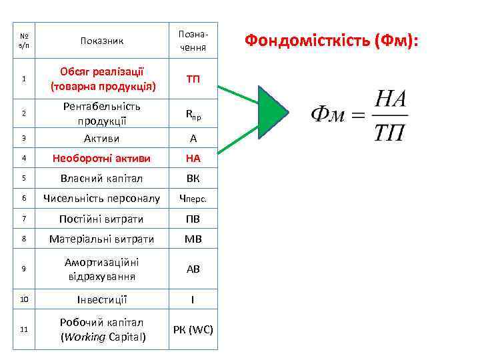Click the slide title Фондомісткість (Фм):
pos(332,41)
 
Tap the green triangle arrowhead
pos(271,117)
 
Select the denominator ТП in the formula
pos(389,133)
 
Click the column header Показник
pos(102,41)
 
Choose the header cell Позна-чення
pos(193,41)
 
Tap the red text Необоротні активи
pos(102,159)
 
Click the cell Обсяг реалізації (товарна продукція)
pos(102,79)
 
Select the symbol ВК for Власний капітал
pos(193,179)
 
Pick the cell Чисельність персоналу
pos(102,199)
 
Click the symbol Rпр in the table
pos(193,114)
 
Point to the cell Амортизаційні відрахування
pos(102,269)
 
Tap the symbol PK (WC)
pos(193,329)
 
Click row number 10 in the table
pos(24,299)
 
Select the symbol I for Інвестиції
pos(193,299)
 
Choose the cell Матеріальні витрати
pos(102,239)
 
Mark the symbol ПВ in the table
pos(193,219)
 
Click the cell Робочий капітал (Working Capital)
pos(102,329)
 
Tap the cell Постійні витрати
pos(102,219)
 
